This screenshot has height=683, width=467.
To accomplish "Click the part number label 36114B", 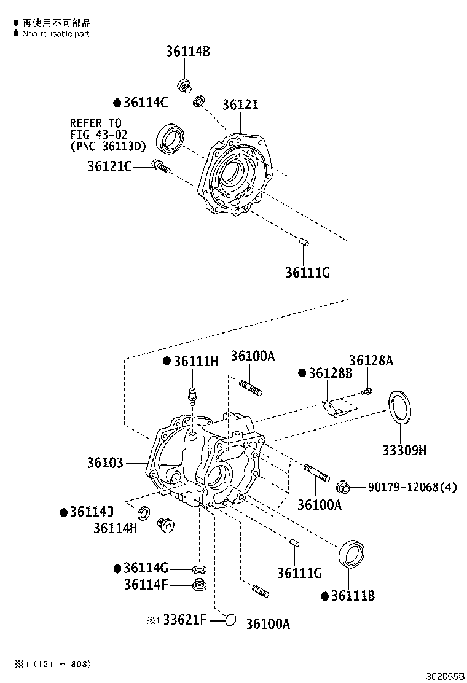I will (x=187, y=52).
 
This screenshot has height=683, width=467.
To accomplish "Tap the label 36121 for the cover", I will (x=240, y=105).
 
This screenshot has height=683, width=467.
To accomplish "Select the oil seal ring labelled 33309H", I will (x=400, y=406).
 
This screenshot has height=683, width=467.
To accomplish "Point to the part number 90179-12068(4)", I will (x=412, y=488).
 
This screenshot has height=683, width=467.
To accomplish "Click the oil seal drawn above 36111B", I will (x=352, y=553).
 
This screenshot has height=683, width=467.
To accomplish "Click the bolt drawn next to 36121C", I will (x=161, y=166).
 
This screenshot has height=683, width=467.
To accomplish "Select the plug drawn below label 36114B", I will (x=183, y=85).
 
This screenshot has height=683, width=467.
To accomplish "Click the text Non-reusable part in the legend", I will (x=56, y=34).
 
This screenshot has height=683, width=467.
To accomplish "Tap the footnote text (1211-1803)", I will (x=61, y=663).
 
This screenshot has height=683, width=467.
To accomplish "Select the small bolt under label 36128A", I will (x=367, y=391).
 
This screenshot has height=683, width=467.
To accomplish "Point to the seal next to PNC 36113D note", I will (x=171, y=138).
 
